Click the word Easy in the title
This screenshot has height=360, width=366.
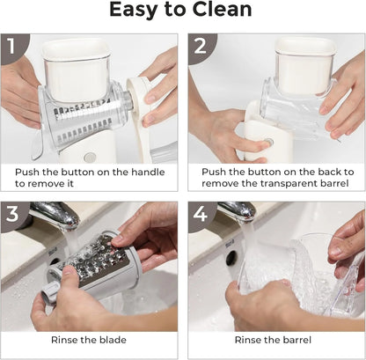(135, 11)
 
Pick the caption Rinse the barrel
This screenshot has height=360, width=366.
(275, 340)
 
